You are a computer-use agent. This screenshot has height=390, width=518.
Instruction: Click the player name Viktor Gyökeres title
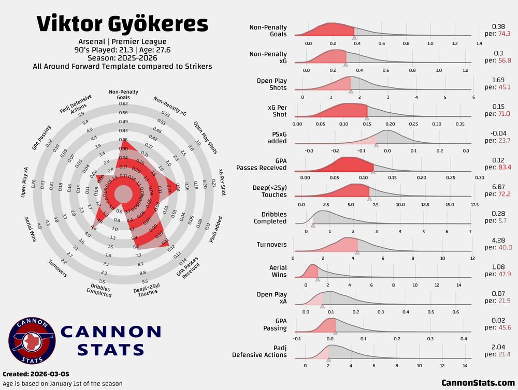(x=123, y=25)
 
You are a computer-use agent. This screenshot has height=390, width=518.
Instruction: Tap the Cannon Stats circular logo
(x=32, y=341)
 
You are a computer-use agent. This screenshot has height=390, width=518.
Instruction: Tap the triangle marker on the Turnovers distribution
(x=357, y=252)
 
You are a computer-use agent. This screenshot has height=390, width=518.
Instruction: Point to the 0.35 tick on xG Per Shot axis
(x=459, y=124)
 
